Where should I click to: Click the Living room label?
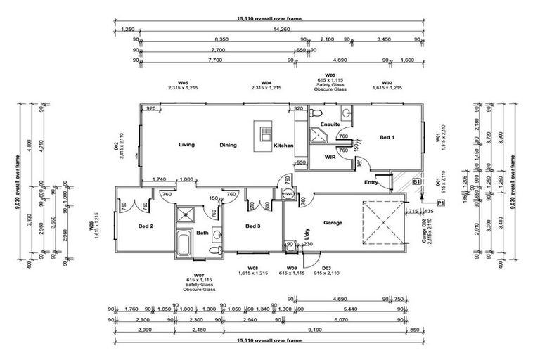pyautogui.click(x=186, y=145)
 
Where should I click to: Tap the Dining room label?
pyautogui.click(x=228, y=146)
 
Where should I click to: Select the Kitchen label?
pyautogui.click(x=283, y=146)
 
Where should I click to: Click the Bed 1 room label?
pyautogui.click(x=387, y=137)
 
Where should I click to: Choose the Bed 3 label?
pyautogui.click(x=253, y=226)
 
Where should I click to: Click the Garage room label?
pyautogui.click(x=333, y=223)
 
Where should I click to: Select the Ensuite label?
pyautogui.click(x=330, y=124)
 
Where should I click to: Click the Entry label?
pyautogui.click(x=371, y=182)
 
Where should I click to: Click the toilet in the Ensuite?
pyautogui.click(x=316, y=112)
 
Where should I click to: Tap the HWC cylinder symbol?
pyautogui.click(x=288, y=193)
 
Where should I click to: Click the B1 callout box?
pyautogui.click(x=416, y=181)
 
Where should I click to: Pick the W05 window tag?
pyautogui.click(x=183, y=82)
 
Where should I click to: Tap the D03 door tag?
pyautogui.click(x=326, y=269)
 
